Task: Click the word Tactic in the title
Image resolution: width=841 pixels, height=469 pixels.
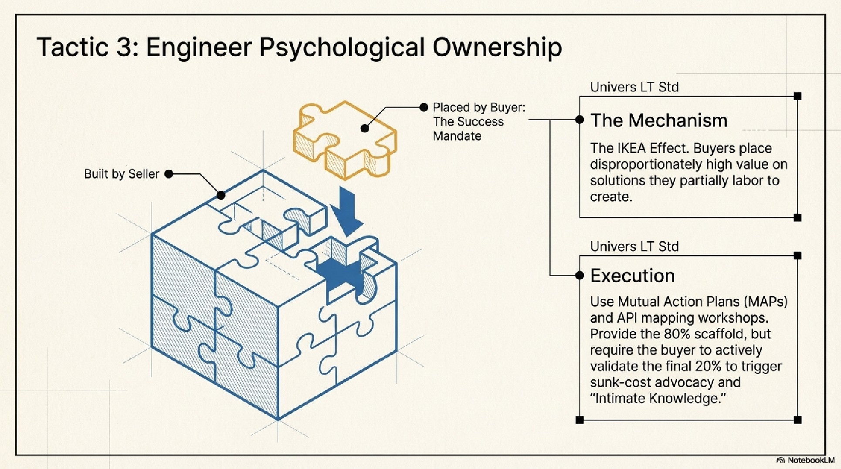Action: pyautogui.click(x=72, y=47)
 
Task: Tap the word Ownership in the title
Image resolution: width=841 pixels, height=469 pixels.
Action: pyautogui.click(x=497, y=47)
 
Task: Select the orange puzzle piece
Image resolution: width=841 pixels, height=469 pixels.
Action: pyautogui.click(x=344, y=139)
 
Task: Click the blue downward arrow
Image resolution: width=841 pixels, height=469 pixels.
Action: pyautogui.click(x=347, y=211)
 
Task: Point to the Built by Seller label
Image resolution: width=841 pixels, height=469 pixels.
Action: pyautogui.click(x=122, y=174)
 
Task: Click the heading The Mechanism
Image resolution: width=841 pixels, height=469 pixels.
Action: pyautogui.click(x=658, y=121)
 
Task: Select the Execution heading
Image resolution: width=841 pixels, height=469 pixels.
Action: pyautogui.click(x=632, y=276)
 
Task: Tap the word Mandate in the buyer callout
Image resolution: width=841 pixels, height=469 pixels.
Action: pyautogui.click(x=457, y=136)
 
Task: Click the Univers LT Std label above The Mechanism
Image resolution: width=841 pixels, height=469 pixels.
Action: pyautogui.click(x=634, y=87)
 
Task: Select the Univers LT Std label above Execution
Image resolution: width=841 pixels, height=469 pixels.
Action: pyautogui.click(x=634, y=246)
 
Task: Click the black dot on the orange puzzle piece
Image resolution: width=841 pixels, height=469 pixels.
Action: pyautogui.click(x=365, y=128)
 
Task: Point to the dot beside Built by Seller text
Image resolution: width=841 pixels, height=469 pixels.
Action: pyautogui.click(x=169, y=174)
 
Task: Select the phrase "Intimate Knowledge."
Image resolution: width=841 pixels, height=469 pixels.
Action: pyautogui.click(x=658, y=398)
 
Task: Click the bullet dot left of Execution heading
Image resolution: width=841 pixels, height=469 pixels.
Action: pyautogui.click(x=579, y=275)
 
